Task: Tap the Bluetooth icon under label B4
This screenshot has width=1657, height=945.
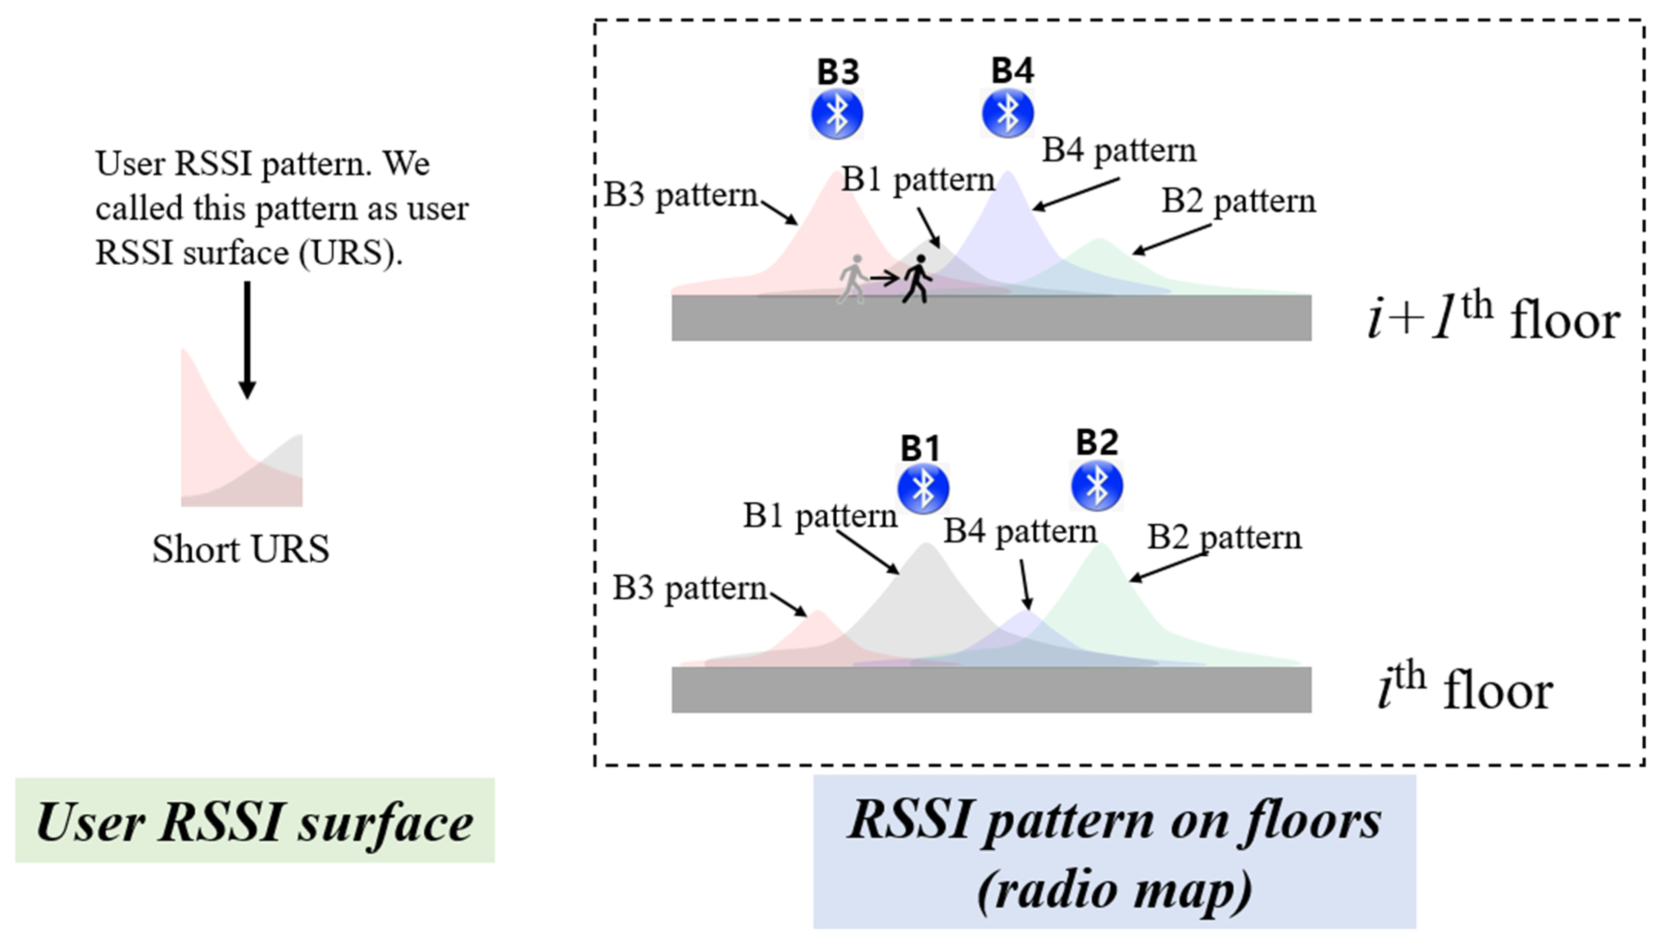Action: pyautogui.click(x=1007, y=113)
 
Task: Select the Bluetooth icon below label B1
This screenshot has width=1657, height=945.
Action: pyautogui.click(x=923, y=488)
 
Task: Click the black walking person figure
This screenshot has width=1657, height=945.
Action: pyautogui.click(x=917, y=279)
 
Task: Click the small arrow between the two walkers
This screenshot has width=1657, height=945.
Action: pyautogui.click(x=884, y=278)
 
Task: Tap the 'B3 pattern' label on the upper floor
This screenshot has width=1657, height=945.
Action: pyautogui.click(x=681, y=195)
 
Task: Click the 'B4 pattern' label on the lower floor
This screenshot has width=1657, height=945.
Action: pyautogui.click(x=1020, y=532)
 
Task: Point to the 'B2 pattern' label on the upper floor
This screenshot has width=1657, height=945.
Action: pyautogui.click(x=1238, y=201)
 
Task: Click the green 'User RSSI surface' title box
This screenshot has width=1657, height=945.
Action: pyautogui.click(x=255, y=821)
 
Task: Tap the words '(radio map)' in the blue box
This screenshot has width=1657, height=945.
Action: pyautogui.click(x=1114, y=890)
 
